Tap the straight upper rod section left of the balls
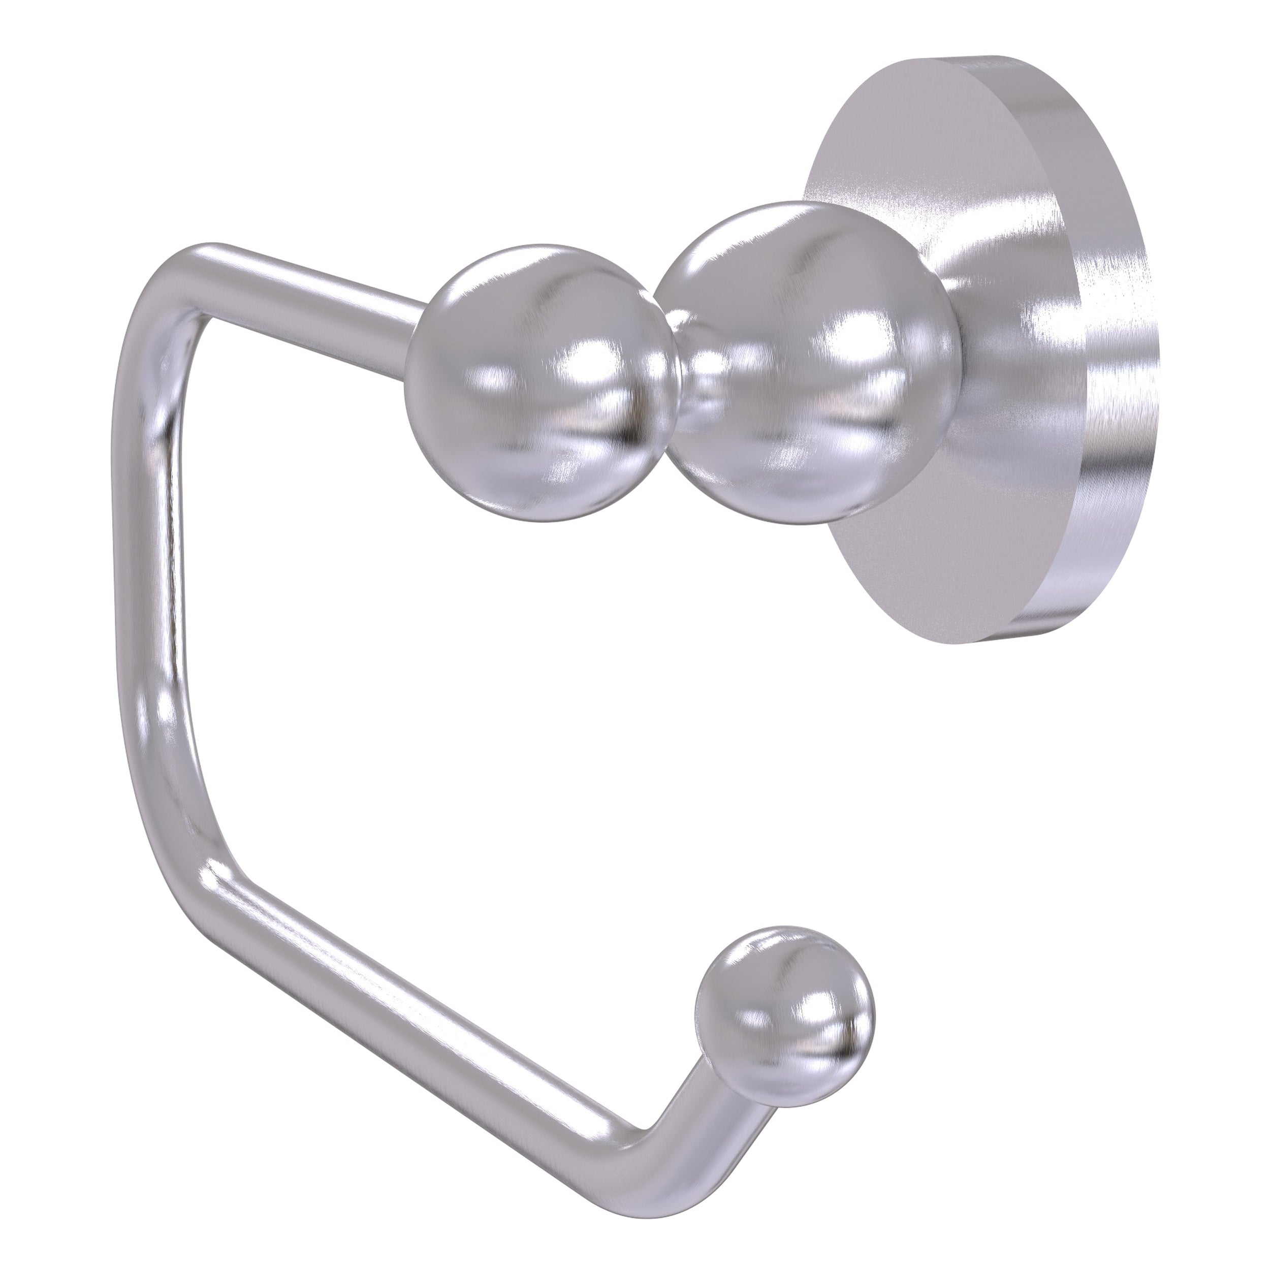tap(315, 282)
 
